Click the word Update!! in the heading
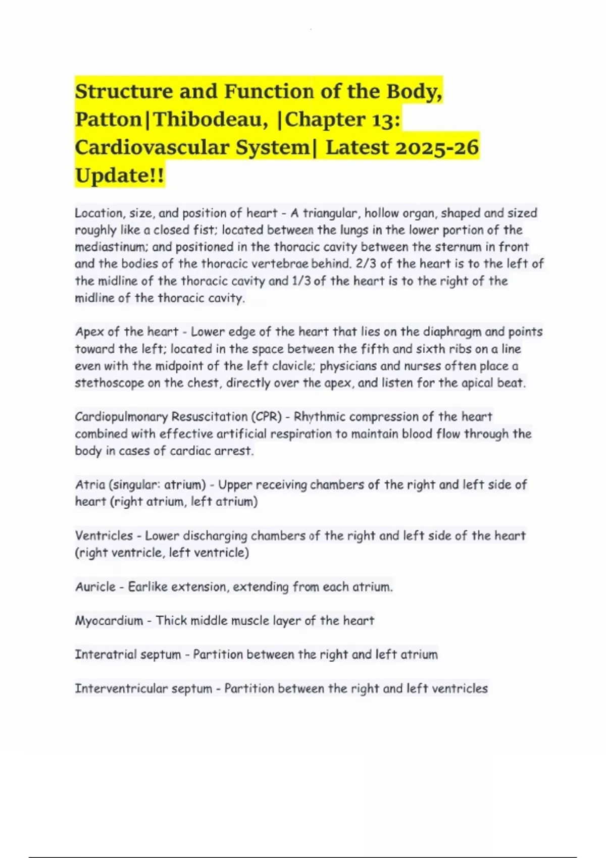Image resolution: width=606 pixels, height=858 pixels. click(x=119, y=176)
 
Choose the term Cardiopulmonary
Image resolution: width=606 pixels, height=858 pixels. click(x=121, y=417)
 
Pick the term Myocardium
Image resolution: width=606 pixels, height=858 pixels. click(x=109, y=620)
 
